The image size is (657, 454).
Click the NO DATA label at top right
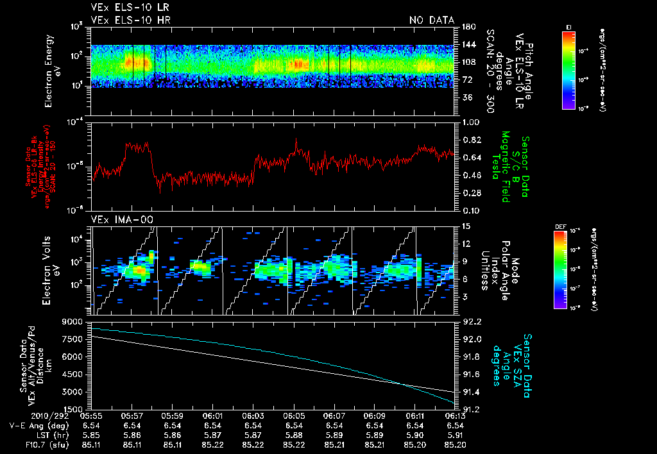coord(432,21)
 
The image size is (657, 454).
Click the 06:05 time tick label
coord(294,416)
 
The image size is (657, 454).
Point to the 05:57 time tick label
coord(132,416)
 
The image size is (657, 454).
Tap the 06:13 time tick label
coord(455,416)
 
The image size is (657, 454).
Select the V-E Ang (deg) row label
coord(36,425)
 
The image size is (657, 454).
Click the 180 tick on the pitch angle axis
coord(468,27)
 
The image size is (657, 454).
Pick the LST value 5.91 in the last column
coord(455,435)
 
